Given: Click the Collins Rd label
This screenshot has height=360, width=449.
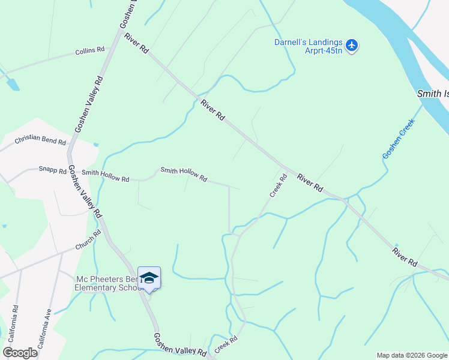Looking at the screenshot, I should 90,51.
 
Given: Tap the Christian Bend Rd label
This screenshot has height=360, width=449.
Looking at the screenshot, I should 40,140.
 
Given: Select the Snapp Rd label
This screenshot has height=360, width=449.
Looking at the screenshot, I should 53,170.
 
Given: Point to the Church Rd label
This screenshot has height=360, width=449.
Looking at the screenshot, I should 88,240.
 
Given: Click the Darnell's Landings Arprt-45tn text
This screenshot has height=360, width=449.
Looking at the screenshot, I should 309,46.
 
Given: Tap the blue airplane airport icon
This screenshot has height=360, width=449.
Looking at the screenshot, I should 352,45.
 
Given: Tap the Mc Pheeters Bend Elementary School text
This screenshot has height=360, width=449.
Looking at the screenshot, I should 108,283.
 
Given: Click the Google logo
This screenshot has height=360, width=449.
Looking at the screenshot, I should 20,353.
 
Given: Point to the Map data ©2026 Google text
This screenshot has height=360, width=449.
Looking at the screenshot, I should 412,355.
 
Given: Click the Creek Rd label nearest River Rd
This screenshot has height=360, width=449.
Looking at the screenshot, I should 277,185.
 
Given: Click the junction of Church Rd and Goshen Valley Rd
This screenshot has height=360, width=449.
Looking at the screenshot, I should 106,233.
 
